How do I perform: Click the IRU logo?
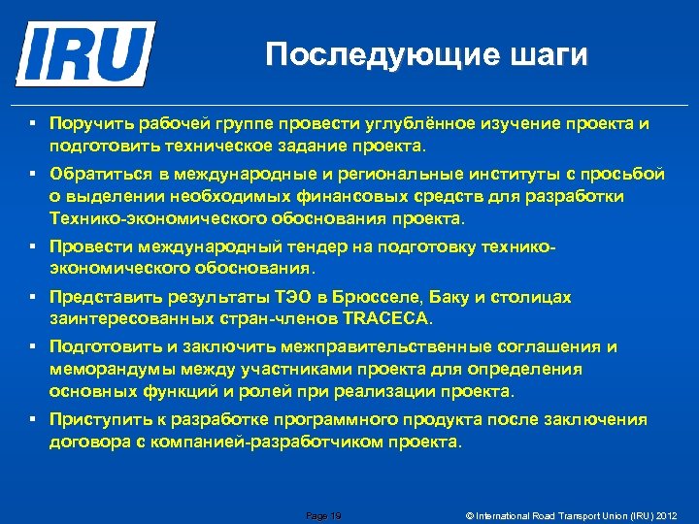85,52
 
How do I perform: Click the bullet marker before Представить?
32,296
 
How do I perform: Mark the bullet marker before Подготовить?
32,346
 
